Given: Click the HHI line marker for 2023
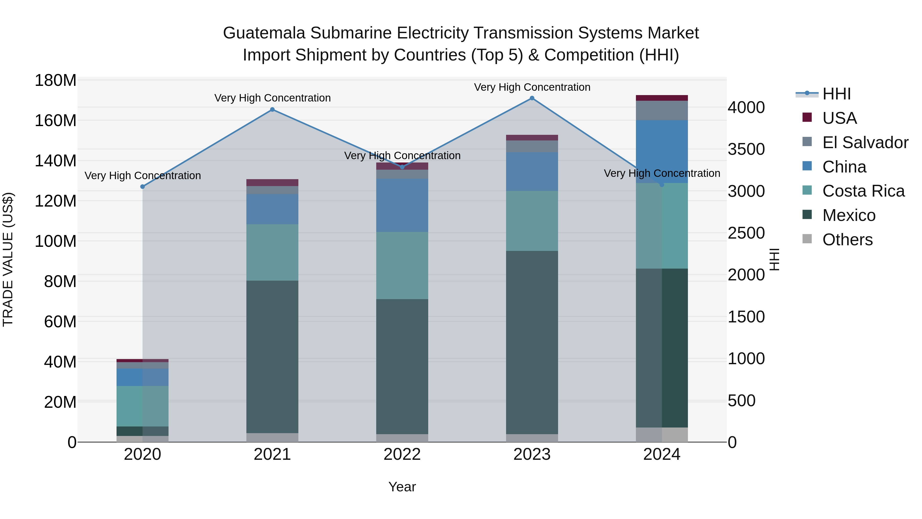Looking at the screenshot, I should coord(532,98).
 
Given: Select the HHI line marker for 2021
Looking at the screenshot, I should coord(273,110).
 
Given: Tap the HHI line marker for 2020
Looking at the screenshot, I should coord(142,187).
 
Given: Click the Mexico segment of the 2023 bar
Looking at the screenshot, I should coord(532,342).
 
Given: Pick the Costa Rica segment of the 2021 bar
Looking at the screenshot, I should coord(273,252).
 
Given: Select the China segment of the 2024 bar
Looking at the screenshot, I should coord(662,151).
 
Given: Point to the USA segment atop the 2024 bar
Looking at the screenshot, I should coord(662,98).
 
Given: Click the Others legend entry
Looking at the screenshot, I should coord(847,239).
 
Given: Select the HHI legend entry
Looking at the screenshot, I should coord(836,94).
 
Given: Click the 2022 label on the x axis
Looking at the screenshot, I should coord(402,454).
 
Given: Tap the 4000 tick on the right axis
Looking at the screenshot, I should coord(746,107).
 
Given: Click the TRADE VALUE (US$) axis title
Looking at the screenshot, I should coord(8,259).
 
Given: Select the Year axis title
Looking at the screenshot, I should coord(402,487).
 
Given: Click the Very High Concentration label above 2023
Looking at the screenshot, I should coord(532,87).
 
